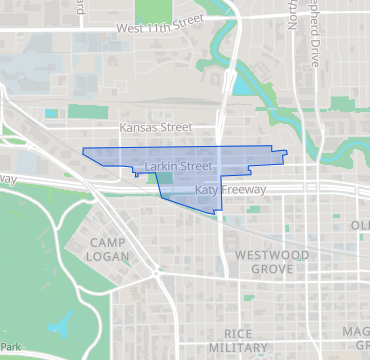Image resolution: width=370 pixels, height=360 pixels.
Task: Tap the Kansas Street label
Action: click(x=154, y=128)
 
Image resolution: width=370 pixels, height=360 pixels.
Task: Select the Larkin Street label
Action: click(x=178, y=165)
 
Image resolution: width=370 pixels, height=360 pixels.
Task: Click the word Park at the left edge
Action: click(x=10, y=346)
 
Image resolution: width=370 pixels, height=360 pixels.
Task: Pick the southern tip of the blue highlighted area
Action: click(x=217, y=213)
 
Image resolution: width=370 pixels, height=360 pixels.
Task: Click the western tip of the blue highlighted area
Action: click(x=82, y=151)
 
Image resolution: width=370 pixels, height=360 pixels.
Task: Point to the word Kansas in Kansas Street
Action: click(x=138, y=128)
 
